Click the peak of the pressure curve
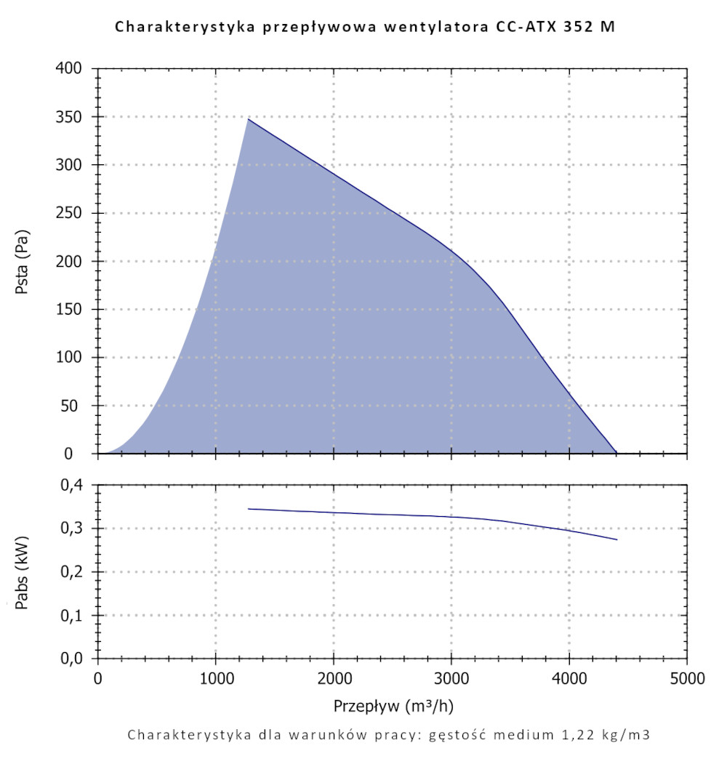pos(248,118)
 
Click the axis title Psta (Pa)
pos(23,262)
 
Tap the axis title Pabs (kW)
pos(23,572)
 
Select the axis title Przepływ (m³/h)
pos(393,706)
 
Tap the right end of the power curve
pos(616,539)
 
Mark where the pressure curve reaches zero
pos(616,453)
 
